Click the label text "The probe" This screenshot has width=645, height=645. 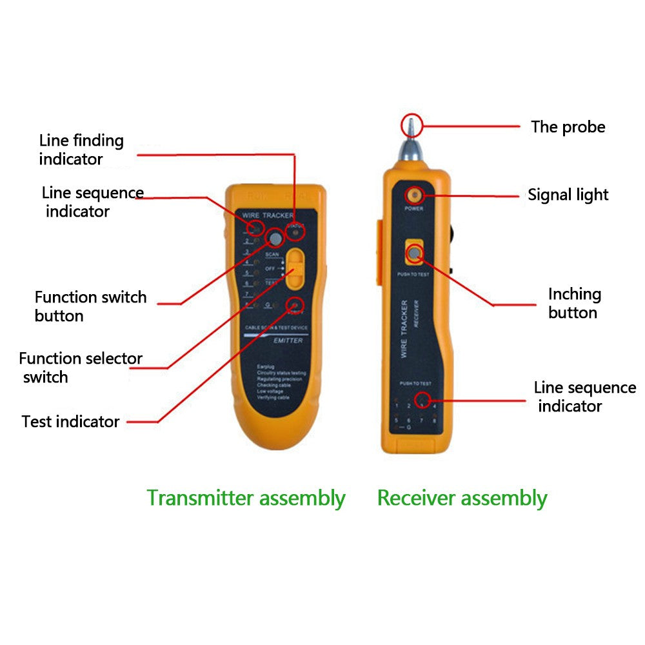(x=568, y=127)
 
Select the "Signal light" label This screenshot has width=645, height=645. (x=568, y=195)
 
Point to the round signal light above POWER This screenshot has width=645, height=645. (x=413, y=195)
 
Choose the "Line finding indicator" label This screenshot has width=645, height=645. (x=81, y=150)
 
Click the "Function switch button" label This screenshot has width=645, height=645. (x=90, y=306)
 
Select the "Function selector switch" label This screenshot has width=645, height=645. (x=81, y=368)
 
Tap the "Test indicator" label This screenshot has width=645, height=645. (x=70, y=422)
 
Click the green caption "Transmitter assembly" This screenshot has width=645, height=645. (x=246, y=498)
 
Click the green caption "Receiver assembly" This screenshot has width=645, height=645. (x=462, y=498)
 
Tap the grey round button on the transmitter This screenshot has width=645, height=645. (x=275, y=238)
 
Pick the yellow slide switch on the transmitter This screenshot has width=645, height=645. (x=295, y=268)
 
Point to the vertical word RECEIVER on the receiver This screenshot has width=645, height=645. (x=417, y=315)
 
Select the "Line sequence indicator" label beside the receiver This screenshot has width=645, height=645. (x=584, y=397)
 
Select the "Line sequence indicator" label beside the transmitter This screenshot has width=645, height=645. (x=92, y=202)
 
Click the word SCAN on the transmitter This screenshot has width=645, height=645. (x=272, y=255)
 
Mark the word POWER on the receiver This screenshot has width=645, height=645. (x=413, y=209)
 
